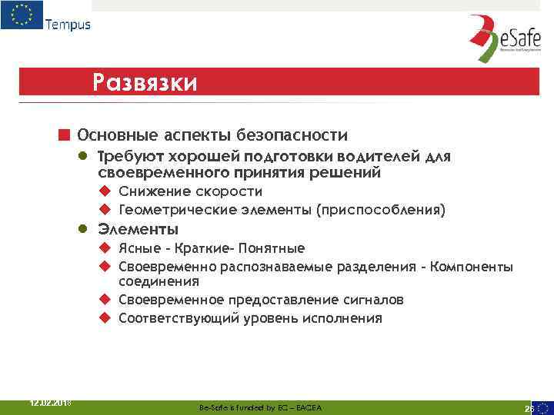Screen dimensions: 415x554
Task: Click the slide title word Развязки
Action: pos(144,81)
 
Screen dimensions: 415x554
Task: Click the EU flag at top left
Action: pos(22,15)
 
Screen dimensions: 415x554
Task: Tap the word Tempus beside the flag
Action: pos(68,24)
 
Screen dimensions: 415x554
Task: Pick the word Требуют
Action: pos(125,157)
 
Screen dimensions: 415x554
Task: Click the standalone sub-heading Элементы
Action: pos(138,230)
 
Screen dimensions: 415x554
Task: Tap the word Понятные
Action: pos(272,248)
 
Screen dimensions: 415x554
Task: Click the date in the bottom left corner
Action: pos(49,401)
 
